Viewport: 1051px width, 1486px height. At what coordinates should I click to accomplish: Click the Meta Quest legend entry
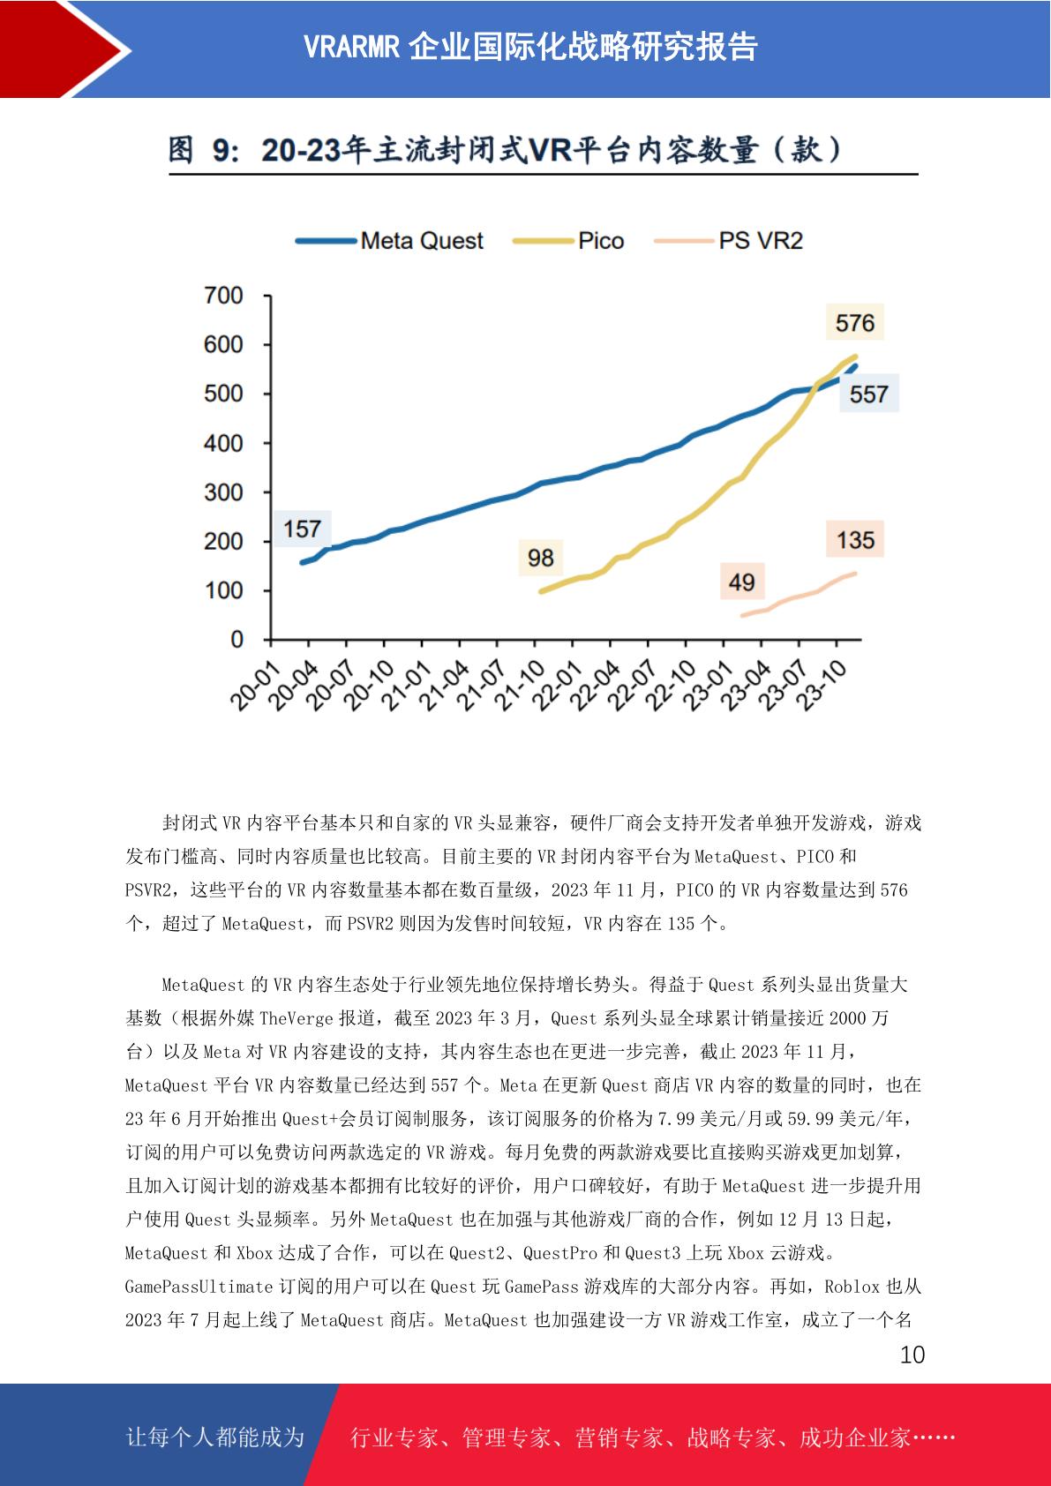[x=389, y=241]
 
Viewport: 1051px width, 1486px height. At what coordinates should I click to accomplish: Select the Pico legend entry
[x=568, y=241]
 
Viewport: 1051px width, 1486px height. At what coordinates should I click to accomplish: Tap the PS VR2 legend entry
[x=729, y=241]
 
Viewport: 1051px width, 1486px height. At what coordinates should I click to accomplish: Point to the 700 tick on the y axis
[x=223, y=296]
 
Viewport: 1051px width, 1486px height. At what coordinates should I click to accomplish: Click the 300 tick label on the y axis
[x=223, y=492]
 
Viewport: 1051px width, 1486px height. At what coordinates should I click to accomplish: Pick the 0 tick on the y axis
[x=236, y=640]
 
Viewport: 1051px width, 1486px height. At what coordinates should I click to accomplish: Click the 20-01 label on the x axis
[x=255, y=686]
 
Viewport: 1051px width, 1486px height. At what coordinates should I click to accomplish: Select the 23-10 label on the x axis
[x=821, y=686]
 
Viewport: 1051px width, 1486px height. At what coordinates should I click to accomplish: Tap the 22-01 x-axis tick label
[x=557, y=686]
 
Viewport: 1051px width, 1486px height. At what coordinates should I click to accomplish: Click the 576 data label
[x=854, y=323]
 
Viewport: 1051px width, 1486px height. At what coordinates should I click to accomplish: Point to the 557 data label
[x=868, y=394]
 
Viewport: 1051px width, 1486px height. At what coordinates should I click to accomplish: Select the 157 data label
[x=303, y=529]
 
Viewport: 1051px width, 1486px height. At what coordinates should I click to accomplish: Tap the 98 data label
[x=541, y=558]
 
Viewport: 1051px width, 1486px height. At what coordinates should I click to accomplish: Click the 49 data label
[x=742, y=582]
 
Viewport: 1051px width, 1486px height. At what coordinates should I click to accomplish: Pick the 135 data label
[x=855, y=540]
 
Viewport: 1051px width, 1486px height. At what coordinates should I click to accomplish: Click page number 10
[x=912, y=1355]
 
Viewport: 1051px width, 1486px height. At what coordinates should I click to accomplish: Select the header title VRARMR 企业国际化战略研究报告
[x=530, y=47]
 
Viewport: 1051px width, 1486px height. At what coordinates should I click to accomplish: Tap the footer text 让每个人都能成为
[x=215, y=1437]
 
